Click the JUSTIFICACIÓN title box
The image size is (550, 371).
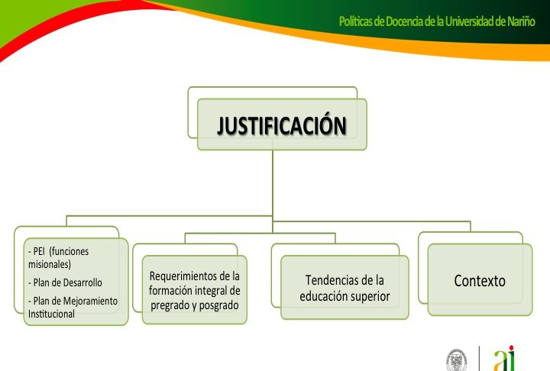[x=282, y=124]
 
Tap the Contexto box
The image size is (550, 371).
[x=480, y=279]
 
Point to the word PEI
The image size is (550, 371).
[x=39, y=251]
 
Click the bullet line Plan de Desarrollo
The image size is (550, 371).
[x=65, y=282]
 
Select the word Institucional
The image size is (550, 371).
[x=51, y=314]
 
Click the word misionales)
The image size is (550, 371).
[x=50, y=264]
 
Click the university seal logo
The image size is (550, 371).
[x=456, y=360]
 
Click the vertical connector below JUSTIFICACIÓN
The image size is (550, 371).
[x=273, y=191]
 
